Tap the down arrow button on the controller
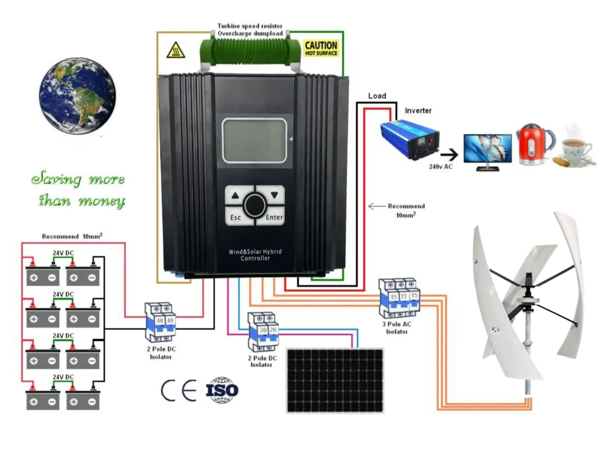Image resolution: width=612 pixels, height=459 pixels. (x=274, y=195)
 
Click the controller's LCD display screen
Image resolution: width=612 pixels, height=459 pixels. (x=254, y=140)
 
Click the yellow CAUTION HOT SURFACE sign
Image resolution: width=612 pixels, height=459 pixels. (x=321, y=48)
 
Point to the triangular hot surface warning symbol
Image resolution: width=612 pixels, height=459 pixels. (x=175, y=51)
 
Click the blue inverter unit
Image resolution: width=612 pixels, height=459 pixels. (x=410, y=139)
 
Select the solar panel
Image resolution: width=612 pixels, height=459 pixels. (x=335, y=380)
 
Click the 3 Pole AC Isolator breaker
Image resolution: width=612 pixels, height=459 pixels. (x=399, y=298)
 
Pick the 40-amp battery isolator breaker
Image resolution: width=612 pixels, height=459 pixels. (x=160, y=322)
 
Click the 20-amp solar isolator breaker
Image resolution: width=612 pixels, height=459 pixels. (x=263, y=331)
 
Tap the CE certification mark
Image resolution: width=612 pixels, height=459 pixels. (x=178, y=390)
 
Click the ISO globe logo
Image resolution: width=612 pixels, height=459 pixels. (x=222, y=390)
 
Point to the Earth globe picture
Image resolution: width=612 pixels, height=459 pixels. (x=77, y=96)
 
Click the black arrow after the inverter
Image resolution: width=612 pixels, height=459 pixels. (x=450, y=155)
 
